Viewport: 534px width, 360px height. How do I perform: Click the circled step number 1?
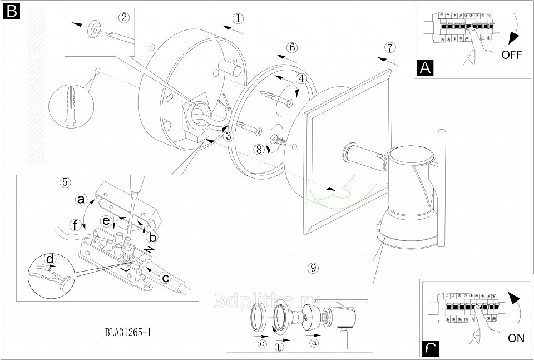pyautogui.click(x=238, y=18)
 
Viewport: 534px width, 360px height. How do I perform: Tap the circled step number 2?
pyautogui.click(x=124, y=17)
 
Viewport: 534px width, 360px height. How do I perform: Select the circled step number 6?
pyautogui.click(x=293, y=47)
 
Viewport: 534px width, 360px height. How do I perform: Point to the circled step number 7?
pyautogui.click(x=389, y=47)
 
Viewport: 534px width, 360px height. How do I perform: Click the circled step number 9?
pyautogui.click(x=313, y=268)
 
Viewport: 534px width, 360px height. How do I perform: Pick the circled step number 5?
pyautogui.click(x=65, y=182)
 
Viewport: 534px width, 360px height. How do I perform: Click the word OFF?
pyautogui.click(x=512, y=55)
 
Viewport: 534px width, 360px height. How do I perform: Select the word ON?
pyautogui.click(x=516, y=338)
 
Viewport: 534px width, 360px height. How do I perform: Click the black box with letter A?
pyautogui.click(x=425, y=68)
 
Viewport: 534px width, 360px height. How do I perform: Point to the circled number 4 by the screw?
pyautogui.click(x=301, y=79)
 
